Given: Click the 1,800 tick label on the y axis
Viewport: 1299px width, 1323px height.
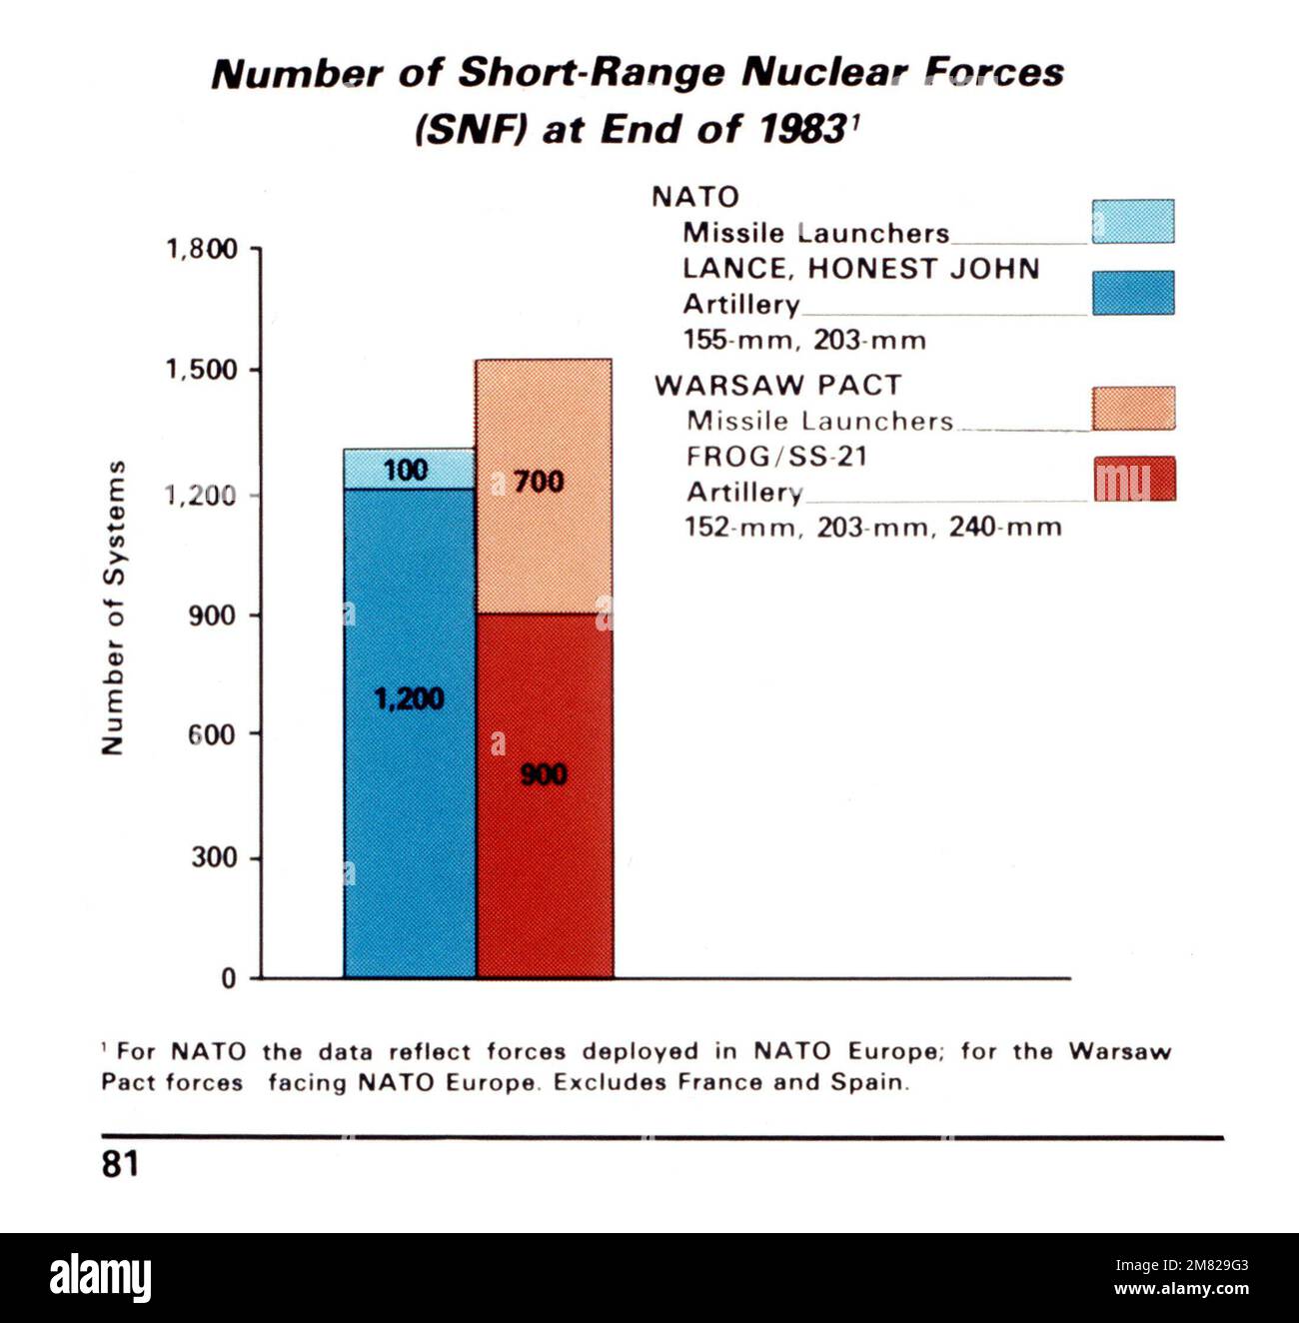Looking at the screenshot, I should [201, 249].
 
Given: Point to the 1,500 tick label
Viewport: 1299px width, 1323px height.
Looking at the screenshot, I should [201, 370].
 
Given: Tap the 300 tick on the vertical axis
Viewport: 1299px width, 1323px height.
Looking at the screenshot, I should [214, 857].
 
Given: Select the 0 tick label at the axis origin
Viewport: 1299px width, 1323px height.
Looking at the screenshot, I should [229, 978].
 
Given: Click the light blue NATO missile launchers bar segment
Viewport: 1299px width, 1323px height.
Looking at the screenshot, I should [410, 469].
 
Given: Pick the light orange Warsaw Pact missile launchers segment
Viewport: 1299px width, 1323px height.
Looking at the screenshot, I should [544, 540].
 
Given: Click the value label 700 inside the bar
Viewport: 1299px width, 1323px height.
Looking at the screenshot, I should [539, 482].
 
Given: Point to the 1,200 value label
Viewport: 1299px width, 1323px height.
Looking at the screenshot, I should [409, 698].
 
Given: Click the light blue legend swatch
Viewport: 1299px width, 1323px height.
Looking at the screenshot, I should [1132, 222].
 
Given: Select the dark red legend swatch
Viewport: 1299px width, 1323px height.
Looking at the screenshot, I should [1134, 479].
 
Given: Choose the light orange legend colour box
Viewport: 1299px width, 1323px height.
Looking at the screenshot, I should [1133, 409].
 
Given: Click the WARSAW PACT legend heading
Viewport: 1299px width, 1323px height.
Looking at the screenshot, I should [777, 386].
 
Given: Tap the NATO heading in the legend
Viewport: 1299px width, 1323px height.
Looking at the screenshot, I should [695, 197].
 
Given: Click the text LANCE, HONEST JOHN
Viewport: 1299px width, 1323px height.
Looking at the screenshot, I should [860, 269].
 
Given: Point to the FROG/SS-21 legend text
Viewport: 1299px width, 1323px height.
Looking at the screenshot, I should [776, 457].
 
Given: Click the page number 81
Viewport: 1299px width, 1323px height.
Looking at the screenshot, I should [120, 1164].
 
